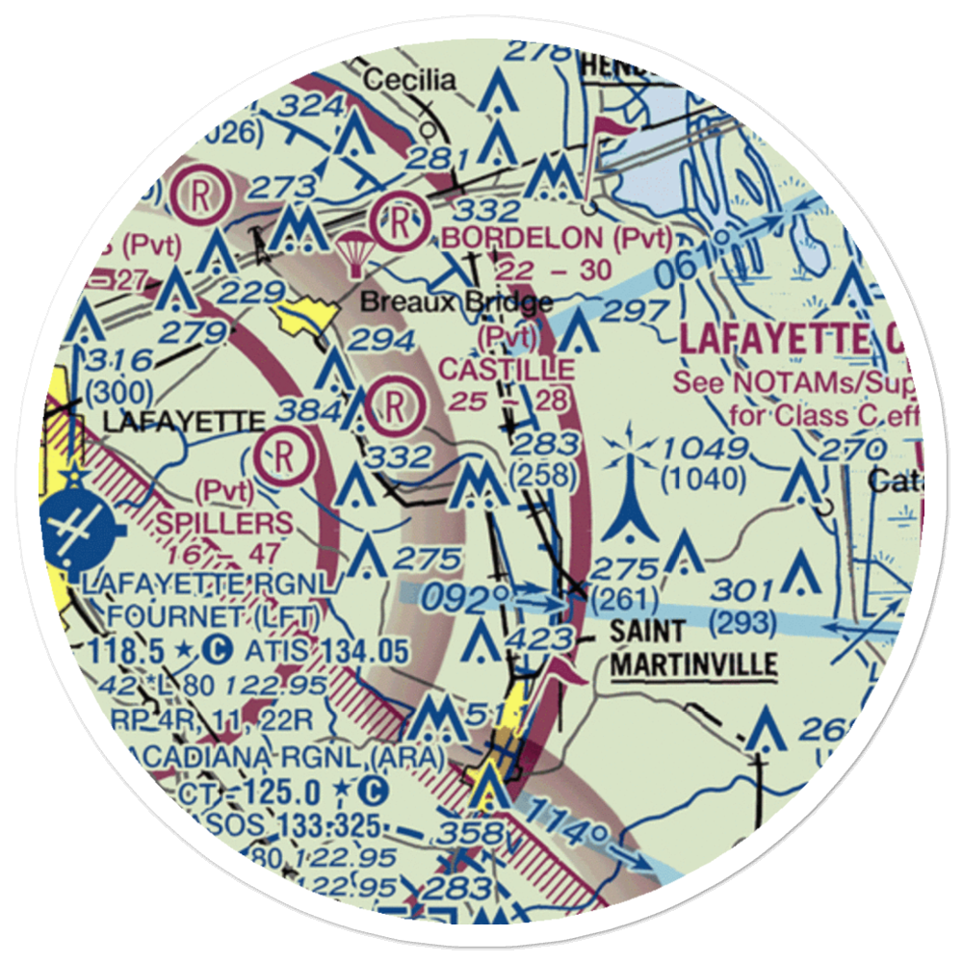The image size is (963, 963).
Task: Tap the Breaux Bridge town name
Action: tap(456, 303)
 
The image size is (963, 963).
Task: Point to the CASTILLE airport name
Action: tap(507, 369)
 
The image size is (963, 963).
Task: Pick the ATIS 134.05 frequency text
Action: tap(325, 652)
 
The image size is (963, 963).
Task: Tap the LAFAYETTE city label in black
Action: tap(183, 422)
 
